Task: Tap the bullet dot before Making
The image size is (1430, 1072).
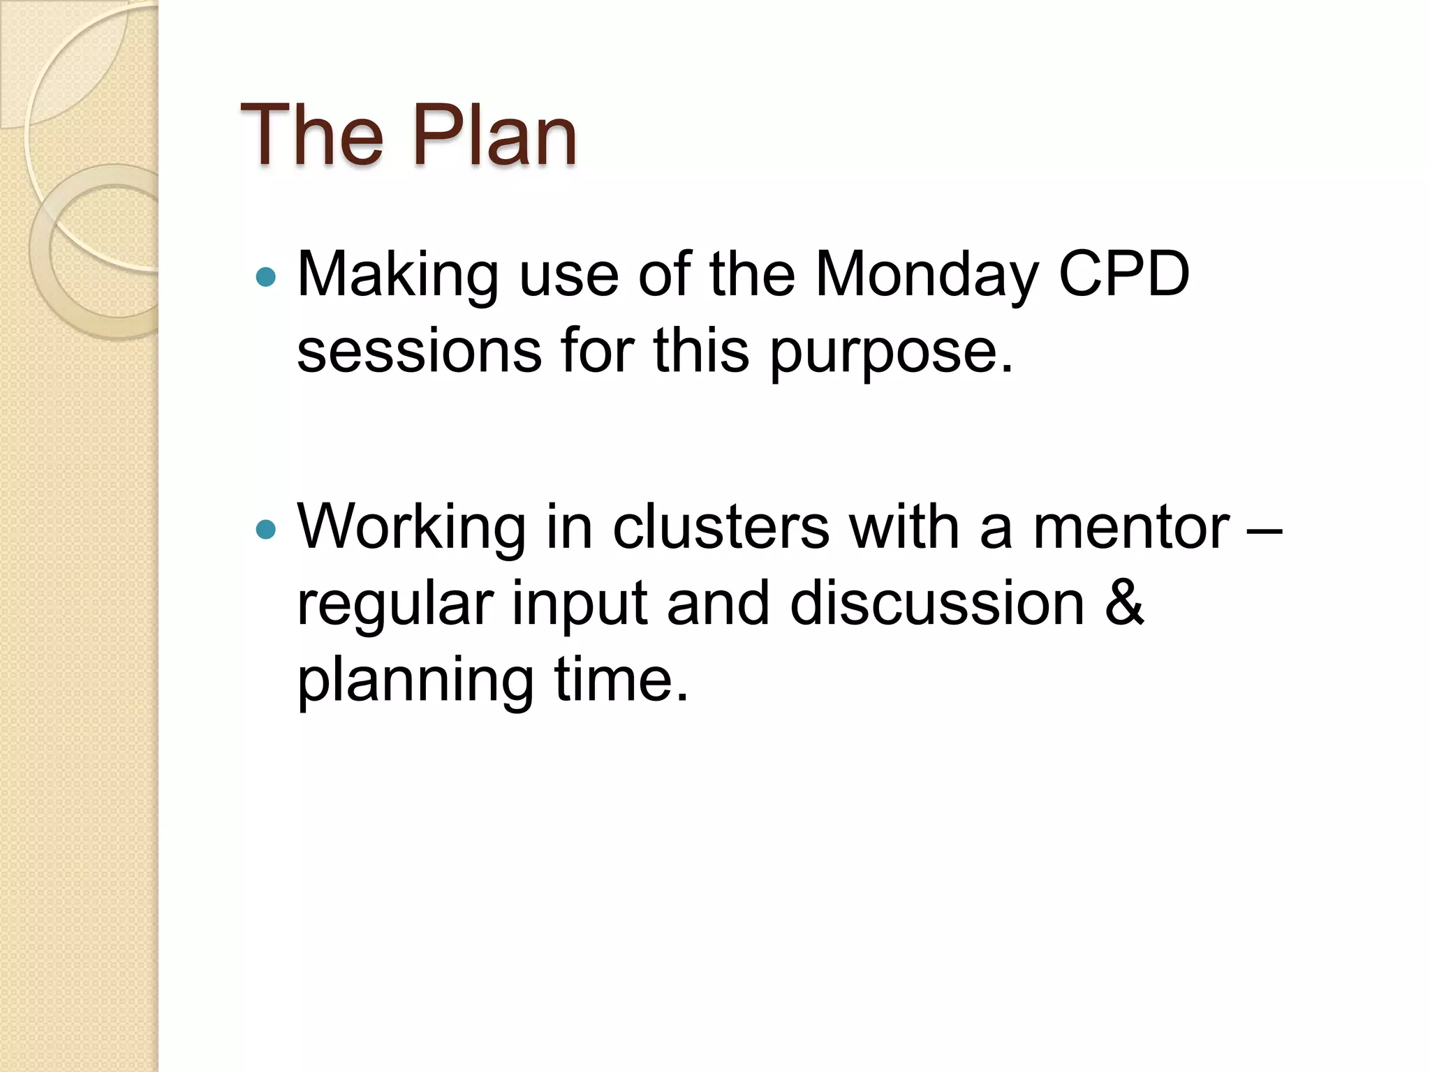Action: [266, 278]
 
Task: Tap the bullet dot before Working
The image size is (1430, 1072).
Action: [266, 530]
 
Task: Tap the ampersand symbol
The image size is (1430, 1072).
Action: [1125, 603]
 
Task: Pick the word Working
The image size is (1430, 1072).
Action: [411, 530]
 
